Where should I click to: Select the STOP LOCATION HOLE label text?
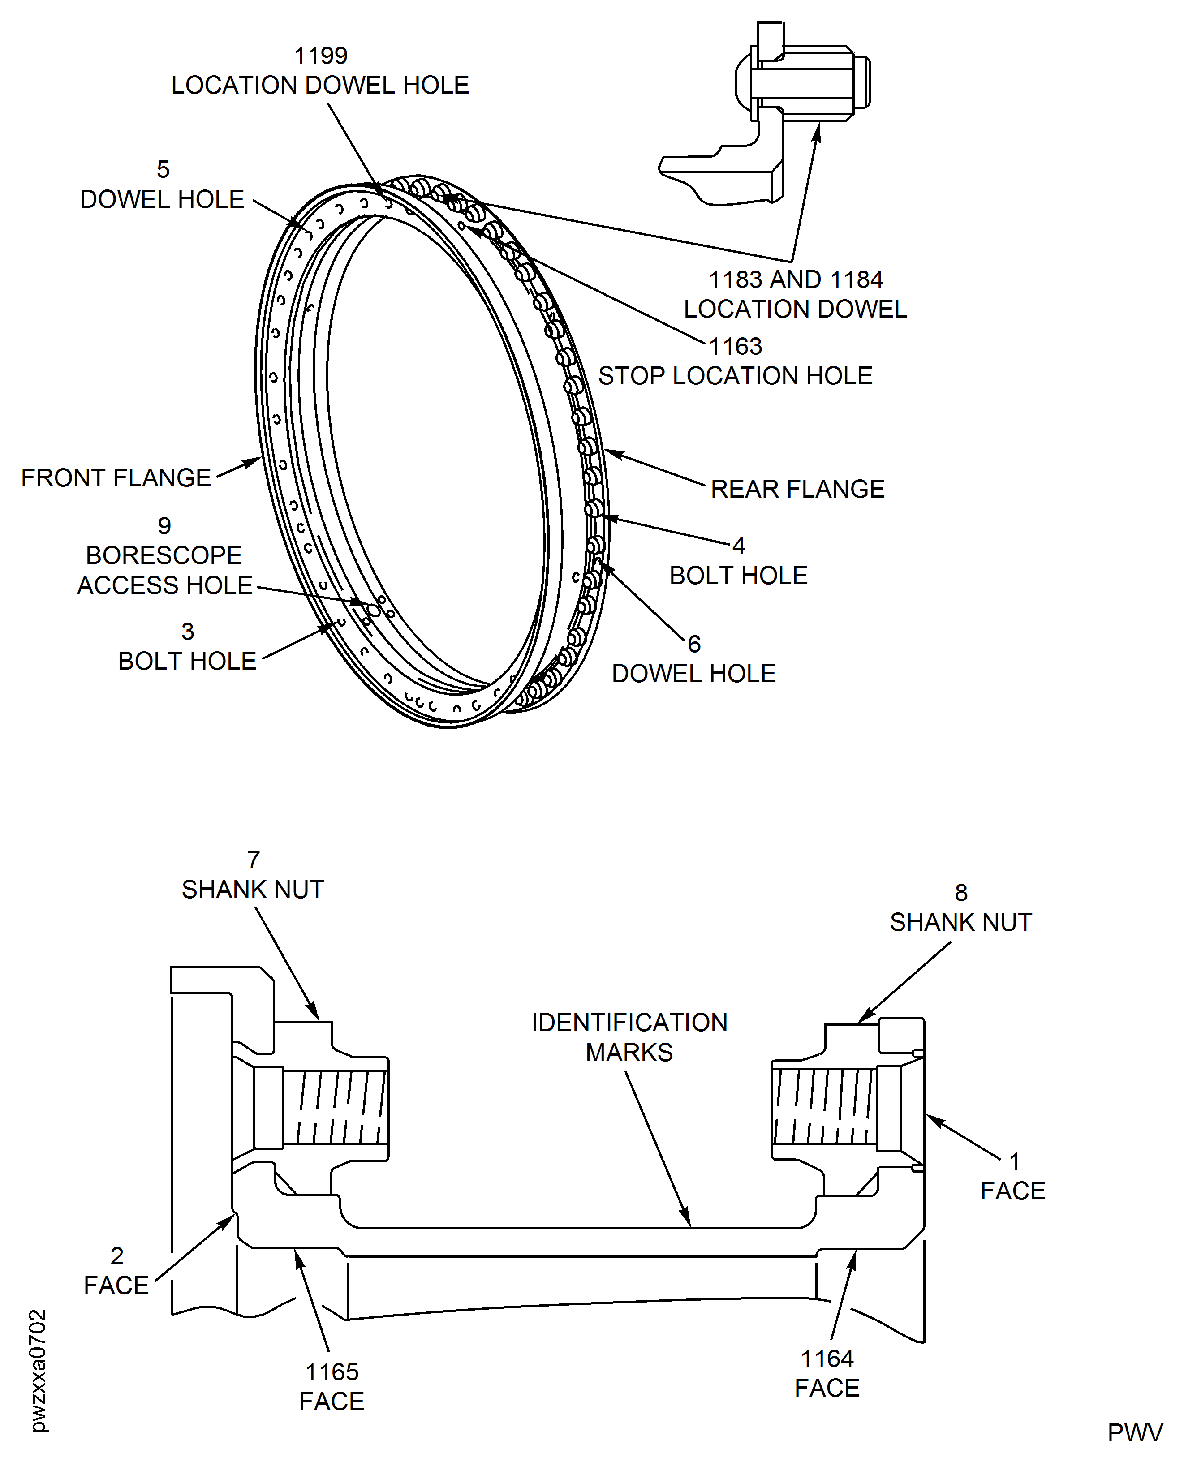click(x=735, y=376)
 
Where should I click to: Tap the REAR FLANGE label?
click(x=797, y=489)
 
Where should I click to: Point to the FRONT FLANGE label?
click(x=116, y=478)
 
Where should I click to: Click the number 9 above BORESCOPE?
click(x=164, y=526)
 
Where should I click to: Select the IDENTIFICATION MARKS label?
click(x=629, y=1037)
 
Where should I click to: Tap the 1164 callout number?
click(x=827, y=1358)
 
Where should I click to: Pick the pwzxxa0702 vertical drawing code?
click(x=38, y=1371)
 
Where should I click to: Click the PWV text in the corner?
click(x=1134, y=1432)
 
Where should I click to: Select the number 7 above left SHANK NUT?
click(x=254, y=860)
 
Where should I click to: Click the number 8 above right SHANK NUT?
click(x=961, y=893)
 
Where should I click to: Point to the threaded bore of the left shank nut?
click(x=334, y=1107)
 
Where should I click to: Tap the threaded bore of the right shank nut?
click(x=824, y=1107)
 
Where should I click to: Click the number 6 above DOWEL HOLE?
click(x=694, y=644)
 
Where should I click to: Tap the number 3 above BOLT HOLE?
click(x=188, y=632)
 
